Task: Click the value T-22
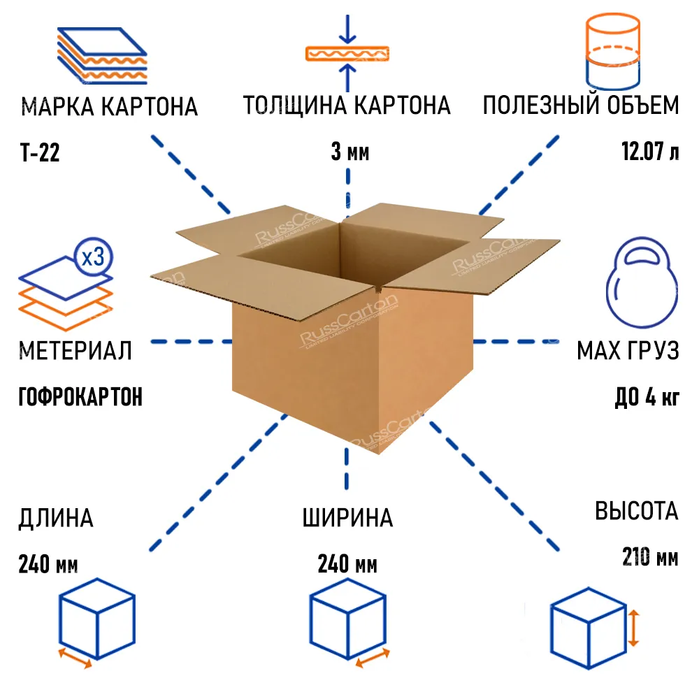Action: [x=40, y=153]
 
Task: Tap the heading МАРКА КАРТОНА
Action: [x=110, y=107]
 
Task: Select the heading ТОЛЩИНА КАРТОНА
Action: [x=347, y=106]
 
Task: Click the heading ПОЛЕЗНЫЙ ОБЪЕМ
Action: [x=580, y=106]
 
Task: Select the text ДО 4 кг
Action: [x=647, y=397]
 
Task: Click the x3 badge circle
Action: [x=93, y=257]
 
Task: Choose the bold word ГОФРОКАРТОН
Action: [x=80, y=397]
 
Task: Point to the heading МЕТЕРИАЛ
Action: [x=75, y=351]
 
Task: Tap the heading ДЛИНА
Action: [x=56, y=518]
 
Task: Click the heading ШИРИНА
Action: [x=347, y=518]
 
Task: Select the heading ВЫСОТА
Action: [x=636, y=511]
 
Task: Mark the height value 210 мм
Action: [x=649, y=557]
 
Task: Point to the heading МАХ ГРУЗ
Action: [x=627, y=351]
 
